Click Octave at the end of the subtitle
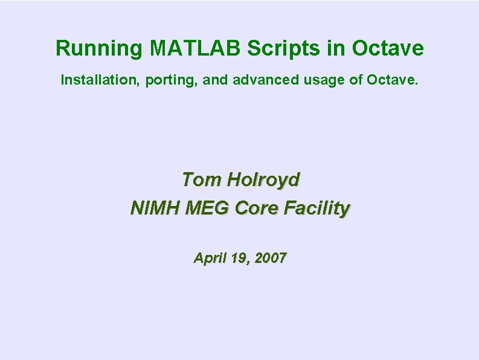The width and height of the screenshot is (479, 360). pyautogui.click(x=391, y=80)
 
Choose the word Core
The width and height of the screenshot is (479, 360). pyautogui.click(x=257, y=208)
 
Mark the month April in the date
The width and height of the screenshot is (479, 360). pyautogui.click(x=208, y=259)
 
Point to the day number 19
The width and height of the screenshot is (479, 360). pyautogui.click(x=239, y=259)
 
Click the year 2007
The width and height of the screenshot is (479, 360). pyautogui.click(x=271, y=259)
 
